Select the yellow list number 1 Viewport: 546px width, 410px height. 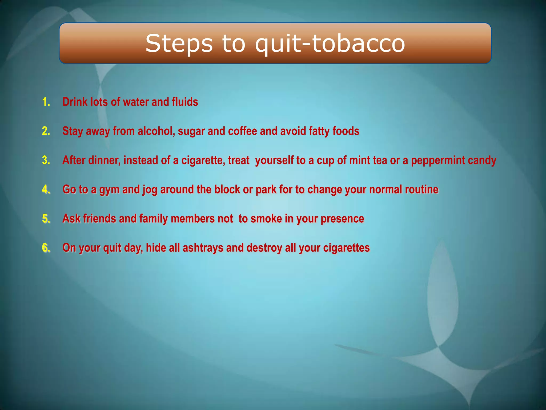46,102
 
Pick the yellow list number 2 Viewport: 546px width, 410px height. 46,131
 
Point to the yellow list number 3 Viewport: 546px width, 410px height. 46,160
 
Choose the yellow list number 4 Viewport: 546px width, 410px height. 46,189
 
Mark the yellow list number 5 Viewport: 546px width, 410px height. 46,218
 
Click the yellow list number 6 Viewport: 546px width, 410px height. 46,248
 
